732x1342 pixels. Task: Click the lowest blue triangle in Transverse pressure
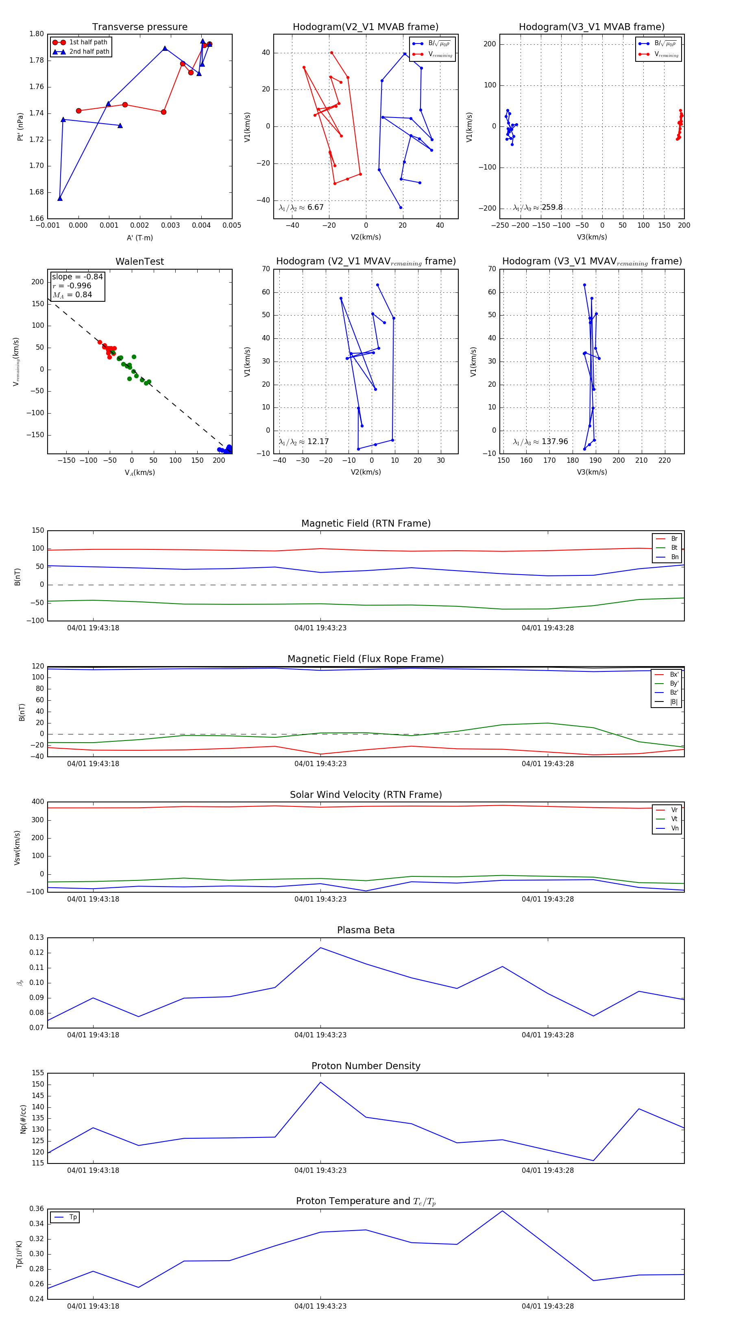point(60,198)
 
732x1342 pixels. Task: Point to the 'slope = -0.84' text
point(77,277)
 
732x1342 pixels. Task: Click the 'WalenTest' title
point(139,261)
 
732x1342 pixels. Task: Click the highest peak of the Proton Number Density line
point(320,1082)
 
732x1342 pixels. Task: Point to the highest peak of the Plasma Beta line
point(320,948)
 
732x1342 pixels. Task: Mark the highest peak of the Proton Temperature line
point(502,1211)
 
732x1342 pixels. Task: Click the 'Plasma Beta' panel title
point(366,930)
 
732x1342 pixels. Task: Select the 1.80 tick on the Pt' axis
point(37,34)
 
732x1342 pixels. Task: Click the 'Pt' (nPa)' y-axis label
point(20,126)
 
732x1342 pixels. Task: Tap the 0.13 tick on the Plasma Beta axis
point(37,938)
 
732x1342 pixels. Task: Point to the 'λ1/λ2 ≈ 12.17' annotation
point(304,442)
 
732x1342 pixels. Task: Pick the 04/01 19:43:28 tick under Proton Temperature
point(547,1306)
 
